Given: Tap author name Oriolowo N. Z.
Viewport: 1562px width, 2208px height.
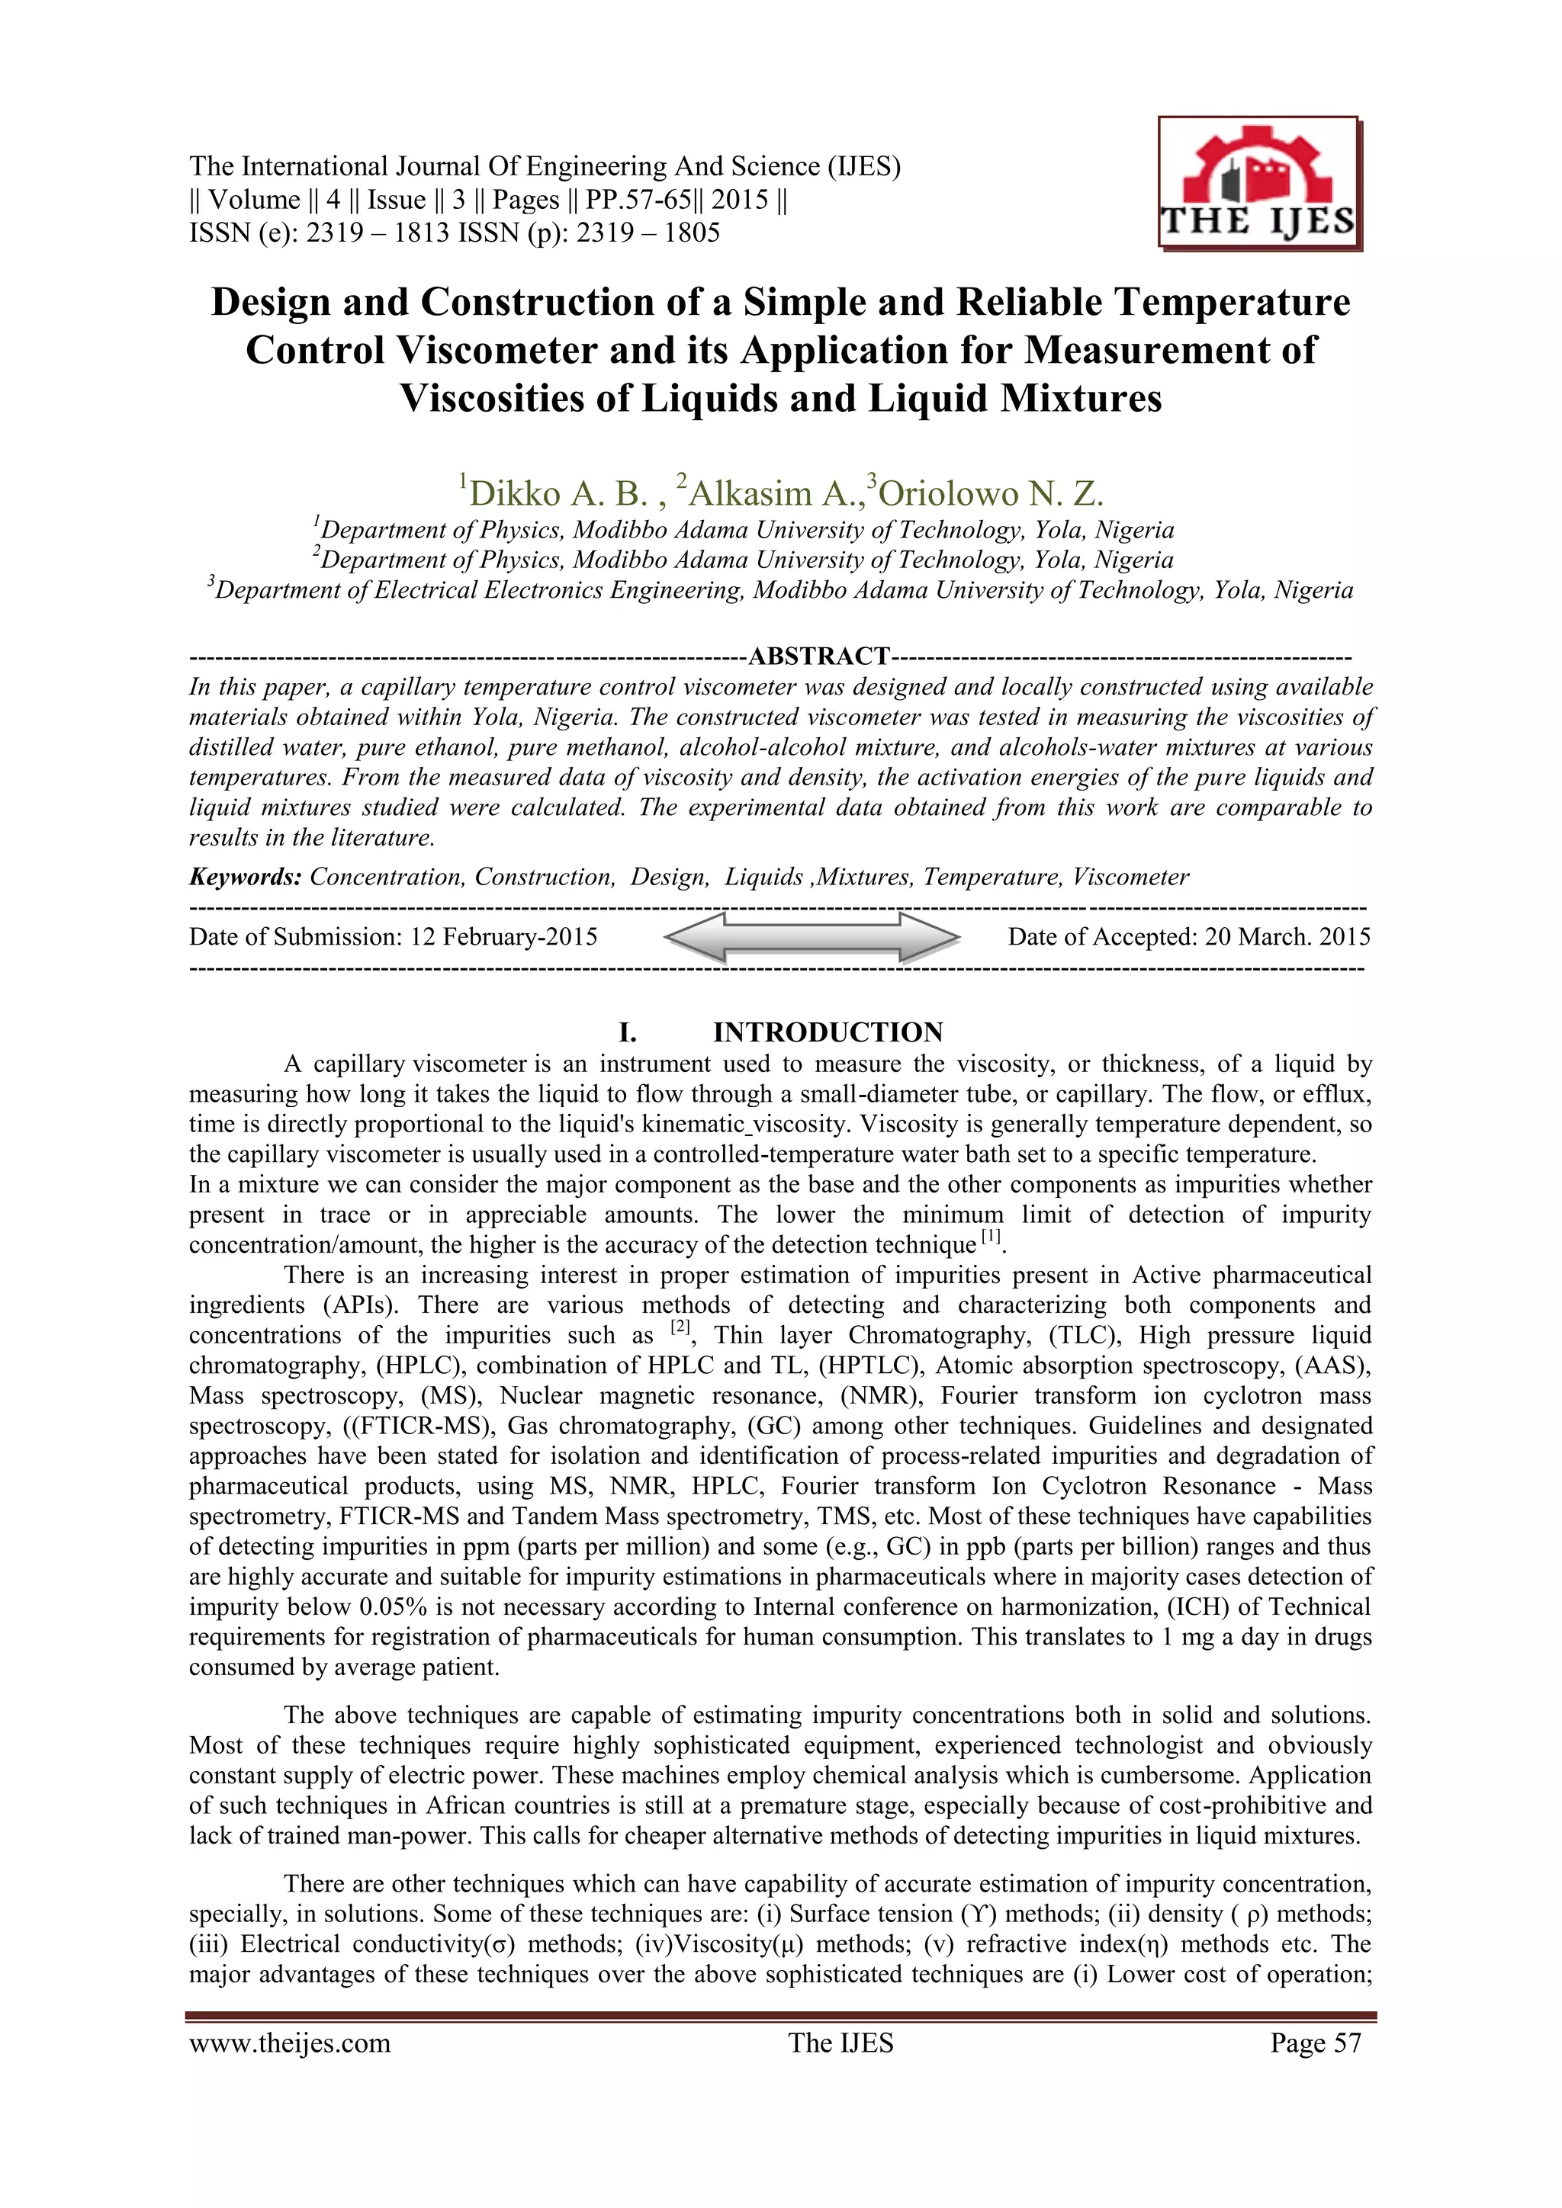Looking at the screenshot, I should pos(991,493).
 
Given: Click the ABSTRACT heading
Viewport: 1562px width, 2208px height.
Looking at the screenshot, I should pos(818,656).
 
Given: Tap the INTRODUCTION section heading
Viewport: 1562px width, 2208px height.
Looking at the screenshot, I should pos(828,1033).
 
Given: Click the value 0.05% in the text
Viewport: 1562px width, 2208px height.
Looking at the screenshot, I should pos(390,1607).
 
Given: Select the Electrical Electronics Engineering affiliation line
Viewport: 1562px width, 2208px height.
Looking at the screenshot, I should pos(780,590).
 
